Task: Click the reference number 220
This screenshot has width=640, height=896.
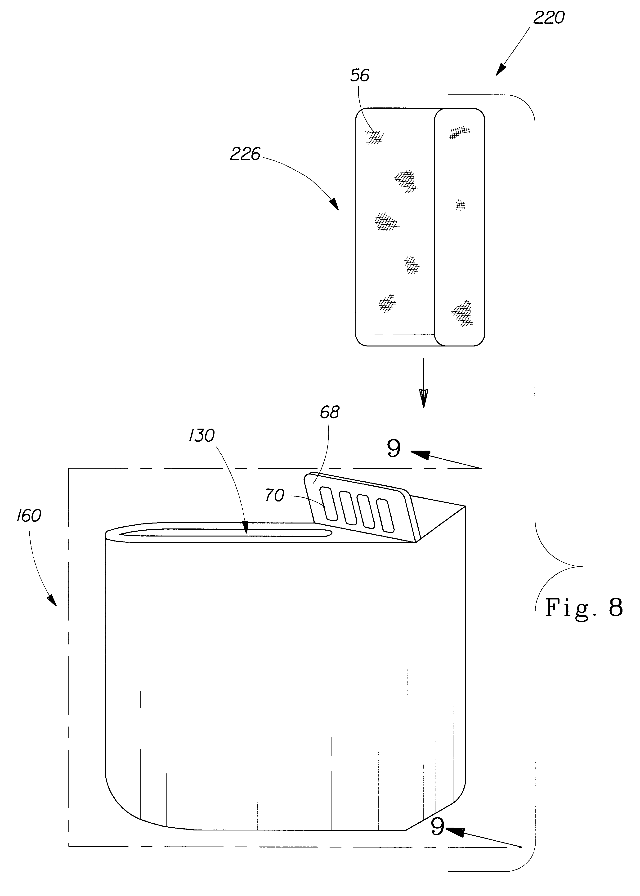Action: coord(549,18)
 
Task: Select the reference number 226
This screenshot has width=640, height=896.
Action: coord(245,154)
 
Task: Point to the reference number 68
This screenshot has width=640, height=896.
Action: coord(329,412)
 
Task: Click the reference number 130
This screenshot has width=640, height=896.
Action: coord(201,436)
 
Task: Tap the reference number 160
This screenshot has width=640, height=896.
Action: coord(29,516)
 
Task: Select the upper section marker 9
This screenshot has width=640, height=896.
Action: coord(394,448)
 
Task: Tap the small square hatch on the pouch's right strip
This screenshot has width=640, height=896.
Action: coord(460,205)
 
